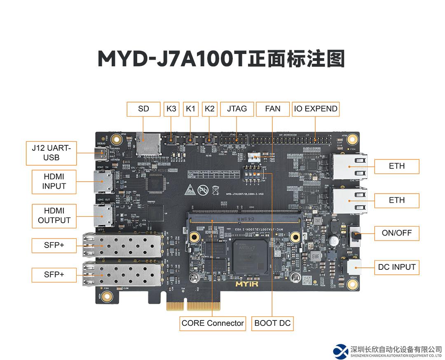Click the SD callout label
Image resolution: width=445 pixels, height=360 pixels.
click(x=143, y=109)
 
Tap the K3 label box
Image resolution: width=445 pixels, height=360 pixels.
click(x=171, y=109)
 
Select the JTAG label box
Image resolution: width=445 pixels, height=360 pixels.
click(x=237, y=109)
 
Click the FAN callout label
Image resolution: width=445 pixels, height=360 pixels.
click(x=272, y=109)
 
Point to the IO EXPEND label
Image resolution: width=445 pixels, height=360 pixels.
click(x=316, y=109)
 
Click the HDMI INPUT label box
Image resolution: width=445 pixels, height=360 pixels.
click(x=54, y=182)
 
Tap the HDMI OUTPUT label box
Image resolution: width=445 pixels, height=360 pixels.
click(x=54, y=216)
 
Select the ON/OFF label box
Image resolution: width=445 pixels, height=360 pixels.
click(x=396, y=233)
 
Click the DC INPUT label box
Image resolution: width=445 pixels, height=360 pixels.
click(x=396, y=267)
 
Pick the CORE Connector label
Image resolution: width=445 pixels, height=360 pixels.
click(x=212, y=323)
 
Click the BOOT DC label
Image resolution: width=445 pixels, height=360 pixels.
click(x=272, y=323)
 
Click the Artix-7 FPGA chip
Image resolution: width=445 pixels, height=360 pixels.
click(x=251, y=255)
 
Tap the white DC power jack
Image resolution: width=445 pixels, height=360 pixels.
click(x=354, y=266)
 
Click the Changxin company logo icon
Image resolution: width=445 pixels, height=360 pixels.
click(x=341, y=351)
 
